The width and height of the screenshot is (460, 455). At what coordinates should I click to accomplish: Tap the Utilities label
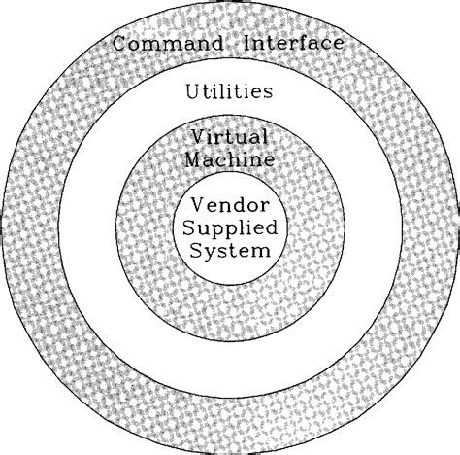click(228, 92)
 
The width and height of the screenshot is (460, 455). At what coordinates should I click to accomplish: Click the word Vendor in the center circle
click(229, 206)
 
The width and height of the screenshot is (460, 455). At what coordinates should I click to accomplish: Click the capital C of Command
click(119, 44)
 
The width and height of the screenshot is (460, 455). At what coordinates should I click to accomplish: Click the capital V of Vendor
click(197, 206)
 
